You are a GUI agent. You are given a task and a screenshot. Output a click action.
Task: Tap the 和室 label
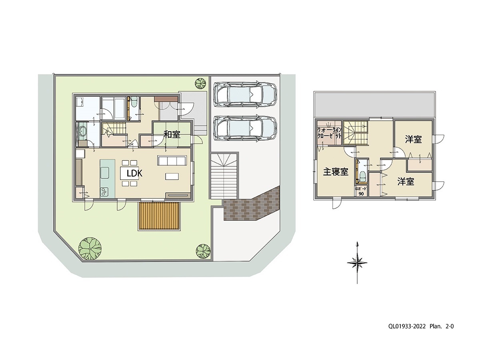[172, 134]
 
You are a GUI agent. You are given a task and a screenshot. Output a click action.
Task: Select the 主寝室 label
[335, 172]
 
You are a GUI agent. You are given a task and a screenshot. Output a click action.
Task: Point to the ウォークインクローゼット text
[329, 133]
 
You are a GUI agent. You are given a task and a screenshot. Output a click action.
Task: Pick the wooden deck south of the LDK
[159, 216]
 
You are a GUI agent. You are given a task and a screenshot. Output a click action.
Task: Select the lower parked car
[245, 128]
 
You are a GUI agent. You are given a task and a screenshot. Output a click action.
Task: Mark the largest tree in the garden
[90, 249]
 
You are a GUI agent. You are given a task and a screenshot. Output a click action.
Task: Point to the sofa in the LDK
[172, 160]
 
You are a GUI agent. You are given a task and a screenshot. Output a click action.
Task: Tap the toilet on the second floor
[363, 176]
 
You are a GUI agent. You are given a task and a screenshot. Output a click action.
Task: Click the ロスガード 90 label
[361, 190]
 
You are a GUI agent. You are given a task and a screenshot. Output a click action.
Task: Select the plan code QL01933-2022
[406, 326]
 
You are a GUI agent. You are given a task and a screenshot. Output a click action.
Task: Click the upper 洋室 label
[413, 140]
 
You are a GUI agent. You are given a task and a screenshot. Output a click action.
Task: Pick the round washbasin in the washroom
[83, 131]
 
